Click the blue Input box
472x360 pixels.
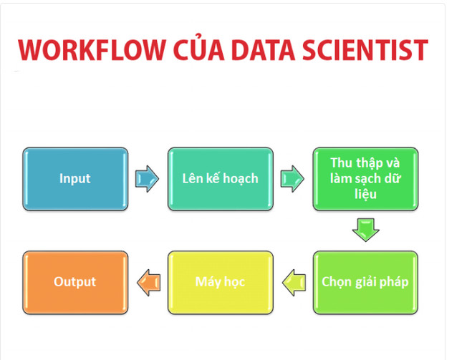click(x=75, y=179)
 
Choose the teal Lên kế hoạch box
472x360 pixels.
click(x=221, y=179)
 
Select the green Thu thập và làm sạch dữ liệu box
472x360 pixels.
click(x=365, y=179)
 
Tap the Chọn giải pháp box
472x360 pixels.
click(x=365, y=282)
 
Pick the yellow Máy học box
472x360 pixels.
click(x=221, y=282)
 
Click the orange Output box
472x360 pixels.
click(x=75, y=282)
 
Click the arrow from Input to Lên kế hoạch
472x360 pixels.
click(x=148, y=179)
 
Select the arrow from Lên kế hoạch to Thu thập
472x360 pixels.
click(x=292, y=179)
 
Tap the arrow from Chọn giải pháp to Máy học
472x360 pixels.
click(x=292, y=282)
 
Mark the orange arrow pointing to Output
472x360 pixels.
click(x=148, y=282)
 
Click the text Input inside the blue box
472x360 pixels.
click(x=75, y=179)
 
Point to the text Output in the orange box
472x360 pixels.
click(x=75, y=282)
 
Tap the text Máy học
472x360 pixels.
click(x=221, y=282)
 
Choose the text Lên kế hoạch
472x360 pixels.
click(x=221, y=179)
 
